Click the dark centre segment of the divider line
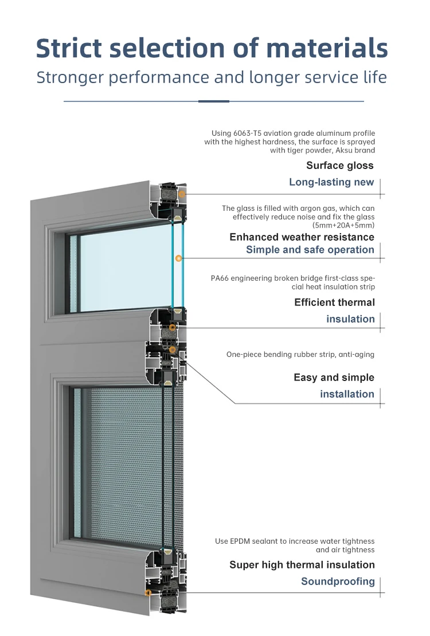[x=214, y=101]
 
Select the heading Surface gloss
[x=339, y=166]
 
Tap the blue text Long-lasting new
[x=331, y=182]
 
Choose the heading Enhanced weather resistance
[x=302, y=237]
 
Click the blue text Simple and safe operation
[x=310, y=250]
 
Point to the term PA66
[x=221, y=278]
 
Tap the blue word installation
[x=347, y=394]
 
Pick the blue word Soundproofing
[x=338, y=582]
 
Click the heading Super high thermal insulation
[x=302, y=565]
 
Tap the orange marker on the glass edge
[x=179, y=258]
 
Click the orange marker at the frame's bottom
[x=148, y=592]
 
